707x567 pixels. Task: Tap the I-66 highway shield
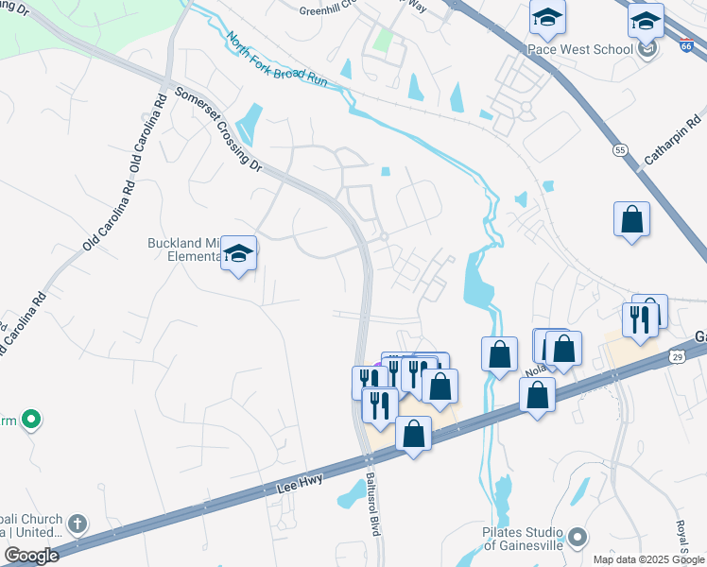click(x=687, y=43)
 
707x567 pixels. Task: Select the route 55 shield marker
click(x=620, y=149)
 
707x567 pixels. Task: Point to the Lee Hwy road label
click(x=301, y=483)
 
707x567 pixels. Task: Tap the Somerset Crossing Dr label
click(x=218, y=129)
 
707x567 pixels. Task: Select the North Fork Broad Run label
click(x=277, y=60)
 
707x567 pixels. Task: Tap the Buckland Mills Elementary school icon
click(x=239, y=253)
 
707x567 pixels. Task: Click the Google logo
click(x=31, y=555)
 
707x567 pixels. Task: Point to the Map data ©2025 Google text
click(x=647, y=559)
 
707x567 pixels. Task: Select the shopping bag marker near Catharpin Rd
click(x=631, y=219)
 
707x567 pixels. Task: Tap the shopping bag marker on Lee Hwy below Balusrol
click(x=413, y=434)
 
